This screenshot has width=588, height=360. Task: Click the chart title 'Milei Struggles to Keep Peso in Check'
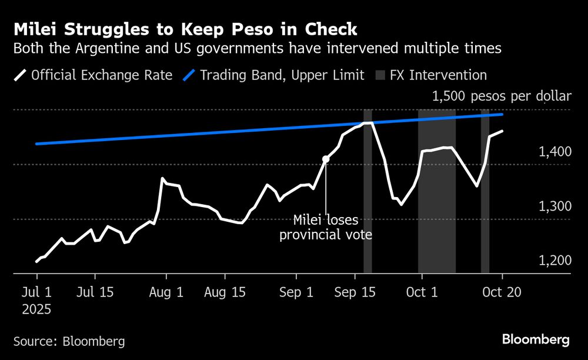point(185,29)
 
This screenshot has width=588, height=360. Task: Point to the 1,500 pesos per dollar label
point(502,96)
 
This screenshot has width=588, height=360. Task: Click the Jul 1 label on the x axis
point(36,292)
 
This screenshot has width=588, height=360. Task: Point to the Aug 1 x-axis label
point(167,292)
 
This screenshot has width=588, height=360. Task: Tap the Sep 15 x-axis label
point(356,292)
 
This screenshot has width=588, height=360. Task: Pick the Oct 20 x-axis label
point(502,292)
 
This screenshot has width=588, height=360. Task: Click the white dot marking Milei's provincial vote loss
point(326,159)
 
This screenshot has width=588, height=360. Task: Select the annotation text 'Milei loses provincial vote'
point(326,228)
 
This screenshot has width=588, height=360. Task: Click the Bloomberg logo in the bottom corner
point(536,339)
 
